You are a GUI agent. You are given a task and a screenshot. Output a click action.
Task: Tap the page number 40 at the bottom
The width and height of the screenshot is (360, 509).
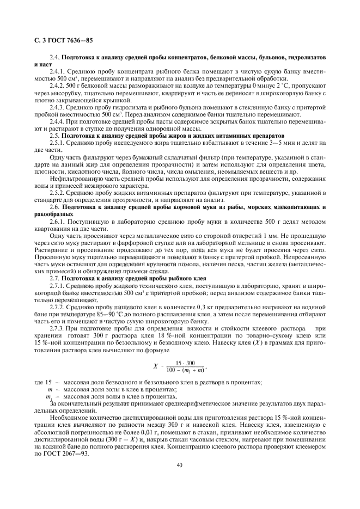pyautogui.click(x=180, y=465)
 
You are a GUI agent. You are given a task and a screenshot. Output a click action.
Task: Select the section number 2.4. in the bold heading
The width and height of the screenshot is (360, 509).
pyautogui.click(x=54, y=57)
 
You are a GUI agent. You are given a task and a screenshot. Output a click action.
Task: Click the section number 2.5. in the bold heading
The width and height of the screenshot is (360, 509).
pyautogui.click(x=54, y=134)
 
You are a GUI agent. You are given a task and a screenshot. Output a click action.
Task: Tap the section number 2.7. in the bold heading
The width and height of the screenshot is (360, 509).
pyautogui.click(x=54, y=278)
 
